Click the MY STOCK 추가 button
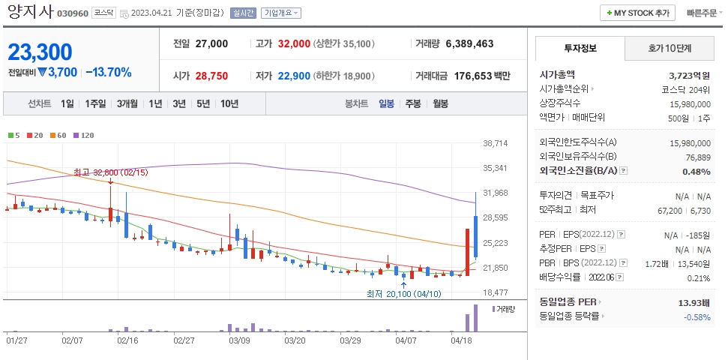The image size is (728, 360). (x=637, y=13)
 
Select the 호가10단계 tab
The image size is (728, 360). (x=670, y=48)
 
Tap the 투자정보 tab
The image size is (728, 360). (x=579, y=48)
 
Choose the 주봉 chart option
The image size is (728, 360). (x=413, y=103)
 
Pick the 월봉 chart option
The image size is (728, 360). (x=440, y=103)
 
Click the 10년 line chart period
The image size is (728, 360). (x=229, y=103)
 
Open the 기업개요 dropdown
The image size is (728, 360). (x=281, y=13)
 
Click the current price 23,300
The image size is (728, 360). (x=40, y=52)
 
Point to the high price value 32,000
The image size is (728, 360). (x=294, y=43)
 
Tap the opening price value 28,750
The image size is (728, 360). (x=211, y=76)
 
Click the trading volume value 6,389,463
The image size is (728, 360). (x=469, y=43)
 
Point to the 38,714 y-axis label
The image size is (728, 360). (x=496, y=142)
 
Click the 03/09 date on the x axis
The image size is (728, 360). (x=239, y=340)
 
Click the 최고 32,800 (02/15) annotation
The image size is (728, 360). (x=111, y=172)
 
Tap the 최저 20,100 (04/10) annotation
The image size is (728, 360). (x=403, y=293)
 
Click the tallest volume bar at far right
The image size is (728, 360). (x=475, y=318)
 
